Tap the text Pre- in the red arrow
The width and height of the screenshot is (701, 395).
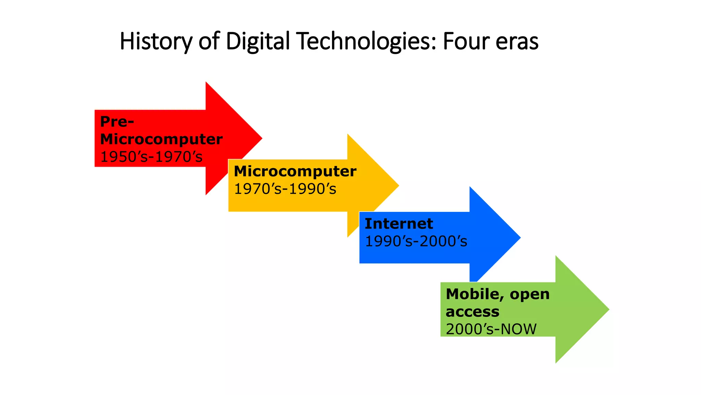point(117,121)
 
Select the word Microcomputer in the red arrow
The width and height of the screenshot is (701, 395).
point(161,139)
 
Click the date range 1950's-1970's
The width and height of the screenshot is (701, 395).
point(151,157)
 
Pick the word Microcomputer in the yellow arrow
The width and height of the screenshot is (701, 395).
point(295,171)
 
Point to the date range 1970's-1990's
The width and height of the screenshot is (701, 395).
point(285,189)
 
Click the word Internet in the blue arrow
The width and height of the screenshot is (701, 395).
point(399,224)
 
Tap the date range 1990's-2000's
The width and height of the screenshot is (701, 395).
point(416,241)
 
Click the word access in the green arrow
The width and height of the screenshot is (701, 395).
point(472,312)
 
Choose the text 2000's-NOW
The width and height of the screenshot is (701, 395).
point(491,329)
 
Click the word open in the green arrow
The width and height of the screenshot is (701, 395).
point(530,294)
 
